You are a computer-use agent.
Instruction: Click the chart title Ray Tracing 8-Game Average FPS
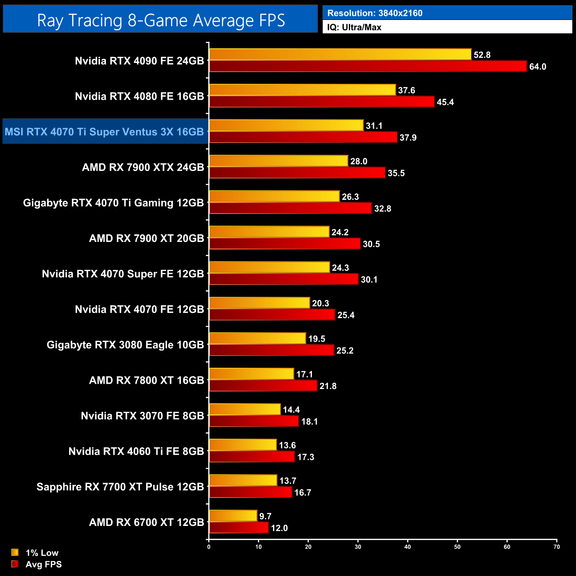tap(160, 20)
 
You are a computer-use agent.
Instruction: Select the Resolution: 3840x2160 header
tap(375, 13)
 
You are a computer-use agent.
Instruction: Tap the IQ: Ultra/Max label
tap(354, 27)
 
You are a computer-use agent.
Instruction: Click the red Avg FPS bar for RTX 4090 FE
tap(368, 66)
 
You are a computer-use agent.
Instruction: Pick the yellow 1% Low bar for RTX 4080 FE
tap(302, 90)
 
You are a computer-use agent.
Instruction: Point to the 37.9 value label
tap(408, 138)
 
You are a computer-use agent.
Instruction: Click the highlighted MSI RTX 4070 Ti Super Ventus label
tap(105, 132)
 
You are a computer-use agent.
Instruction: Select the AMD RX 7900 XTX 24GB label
tap(143, 167)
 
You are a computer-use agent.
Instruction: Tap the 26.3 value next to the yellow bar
tap(350, 197)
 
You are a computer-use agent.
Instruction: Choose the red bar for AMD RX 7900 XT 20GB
tap(285, 244)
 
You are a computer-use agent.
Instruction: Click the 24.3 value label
tap(340, 268)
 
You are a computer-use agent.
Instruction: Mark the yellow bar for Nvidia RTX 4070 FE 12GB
tap(259, 303)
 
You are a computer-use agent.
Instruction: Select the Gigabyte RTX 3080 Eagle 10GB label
tap(125, 345)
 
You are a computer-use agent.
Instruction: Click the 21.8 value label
tap(328, 386)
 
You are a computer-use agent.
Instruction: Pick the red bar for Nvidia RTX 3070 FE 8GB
tap(254, 421)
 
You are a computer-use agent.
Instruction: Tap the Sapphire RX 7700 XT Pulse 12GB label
tap(120, 487)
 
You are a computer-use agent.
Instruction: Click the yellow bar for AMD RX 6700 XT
tap(233, 516)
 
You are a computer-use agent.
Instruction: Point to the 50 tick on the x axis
tap(457, 547)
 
